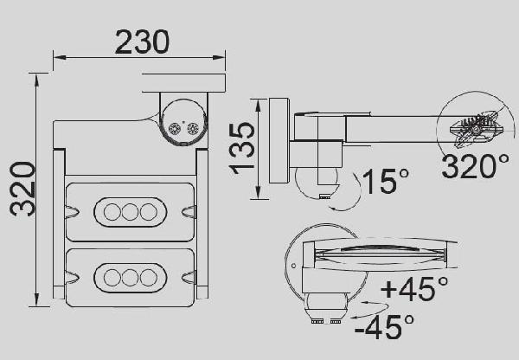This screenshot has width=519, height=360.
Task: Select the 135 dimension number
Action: (243, 148)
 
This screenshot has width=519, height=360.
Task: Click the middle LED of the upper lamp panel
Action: (131, 211)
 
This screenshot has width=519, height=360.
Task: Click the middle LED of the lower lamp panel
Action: (131, 278)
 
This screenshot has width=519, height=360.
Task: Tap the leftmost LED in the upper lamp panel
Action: (113, 211)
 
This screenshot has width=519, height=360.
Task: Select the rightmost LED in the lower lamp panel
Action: (149, 278)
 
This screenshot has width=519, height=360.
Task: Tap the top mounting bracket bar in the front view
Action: (183, 84)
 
